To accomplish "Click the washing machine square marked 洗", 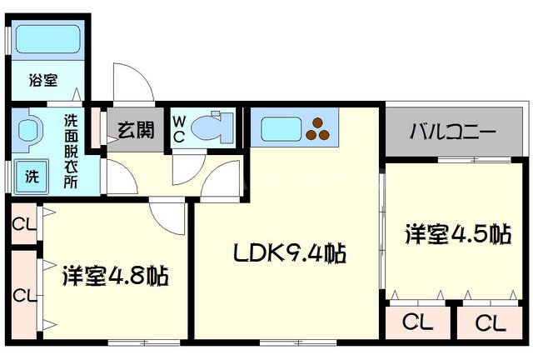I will pyautogui.click(x=29, y=176).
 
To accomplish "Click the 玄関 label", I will pyautogui.click(x=134, y=130).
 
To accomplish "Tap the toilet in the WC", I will pyautogui.click(x=209, y=127).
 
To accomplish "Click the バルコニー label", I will pyautogui.click(x=453, y=132).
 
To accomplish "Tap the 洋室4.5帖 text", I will pyautogui.click(x=457, y=233).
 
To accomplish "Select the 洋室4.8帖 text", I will pyautogui.click(x=115, y=275).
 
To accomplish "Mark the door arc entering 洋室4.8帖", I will pyautogui.click(x=168, y=215).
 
